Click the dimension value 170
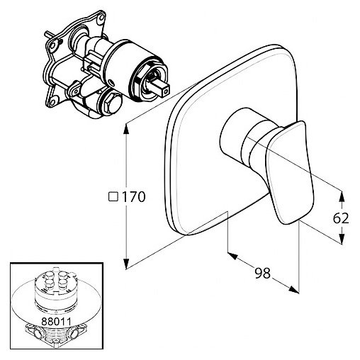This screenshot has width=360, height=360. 134,197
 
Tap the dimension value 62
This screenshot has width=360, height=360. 341,218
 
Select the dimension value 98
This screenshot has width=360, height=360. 262,274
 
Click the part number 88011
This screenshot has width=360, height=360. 56,321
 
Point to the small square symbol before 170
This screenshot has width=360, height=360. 113,197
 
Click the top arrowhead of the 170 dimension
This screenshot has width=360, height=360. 127,129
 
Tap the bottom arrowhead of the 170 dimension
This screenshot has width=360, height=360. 127,264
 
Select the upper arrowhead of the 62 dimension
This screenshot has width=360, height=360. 341,196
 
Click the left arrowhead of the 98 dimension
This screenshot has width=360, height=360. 232,256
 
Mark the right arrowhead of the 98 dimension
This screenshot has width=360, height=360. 293,289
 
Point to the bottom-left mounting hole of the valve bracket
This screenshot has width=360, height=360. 52,102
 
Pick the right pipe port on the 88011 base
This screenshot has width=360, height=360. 76,334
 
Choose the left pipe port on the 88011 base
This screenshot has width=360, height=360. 38,334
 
